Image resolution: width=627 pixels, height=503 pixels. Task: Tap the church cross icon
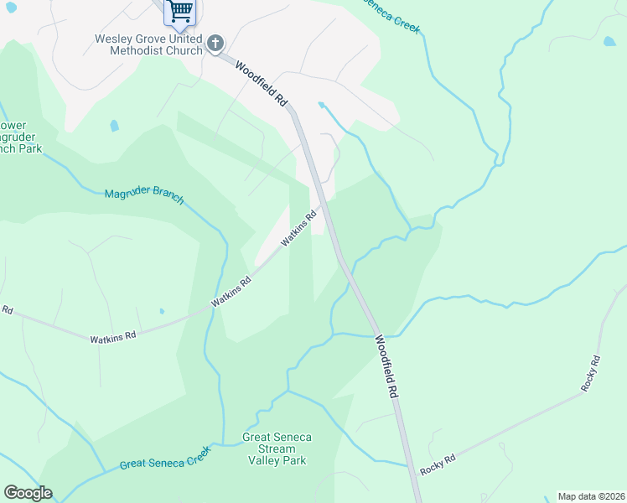(x=215, y=43)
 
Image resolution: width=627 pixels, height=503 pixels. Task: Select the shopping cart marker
(x=179, y=11)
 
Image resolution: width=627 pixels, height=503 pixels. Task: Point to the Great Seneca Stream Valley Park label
(x=276, y=449)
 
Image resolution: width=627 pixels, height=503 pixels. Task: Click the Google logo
(x=28, y=493)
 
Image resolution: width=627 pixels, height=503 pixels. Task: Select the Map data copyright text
(x=591, y=495)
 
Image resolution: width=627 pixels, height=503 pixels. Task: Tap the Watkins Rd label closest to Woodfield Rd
(x=299, y=227)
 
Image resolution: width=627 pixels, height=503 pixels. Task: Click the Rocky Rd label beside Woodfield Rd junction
(x=438, y=465)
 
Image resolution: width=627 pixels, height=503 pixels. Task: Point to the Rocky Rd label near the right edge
(x=591, y=374)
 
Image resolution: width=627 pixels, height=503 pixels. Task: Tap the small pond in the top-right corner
(x=609, y=40)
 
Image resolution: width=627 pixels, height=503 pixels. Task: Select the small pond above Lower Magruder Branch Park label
(x=114, y=126)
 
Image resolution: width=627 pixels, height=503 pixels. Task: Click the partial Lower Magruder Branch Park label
(x=18, y=137)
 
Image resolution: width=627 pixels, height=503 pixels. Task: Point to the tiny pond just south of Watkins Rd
(x=161, y=312)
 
